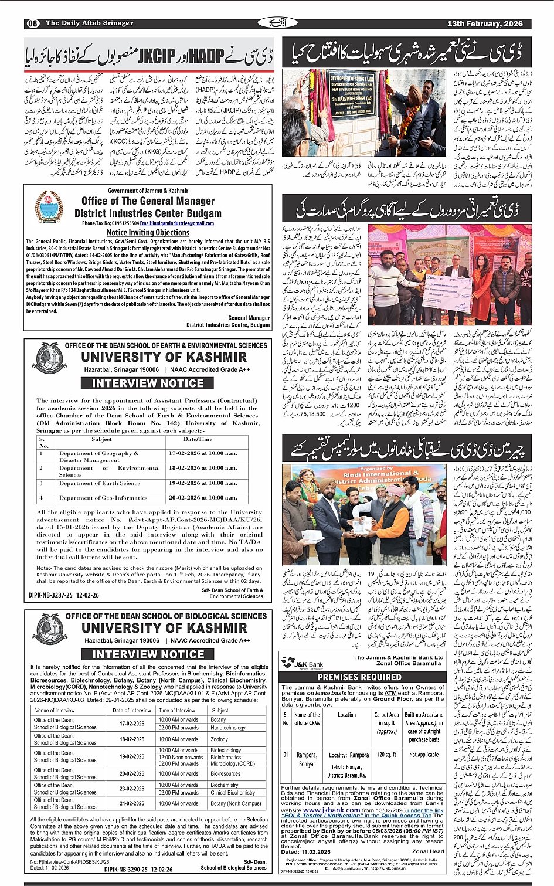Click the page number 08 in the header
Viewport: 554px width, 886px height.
(x=33, y=23)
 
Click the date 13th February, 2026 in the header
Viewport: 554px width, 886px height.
(x=484, y=24)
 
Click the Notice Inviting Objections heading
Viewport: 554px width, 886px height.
(x=148, y=233)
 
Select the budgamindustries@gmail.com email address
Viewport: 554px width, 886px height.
(x=176, y=223)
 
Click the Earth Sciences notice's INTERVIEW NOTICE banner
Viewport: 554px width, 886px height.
(x=148, y=383)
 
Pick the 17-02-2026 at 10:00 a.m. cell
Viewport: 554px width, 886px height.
(x=203, y=453)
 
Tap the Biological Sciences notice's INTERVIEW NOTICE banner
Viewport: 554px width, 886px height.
(x=148, y=654)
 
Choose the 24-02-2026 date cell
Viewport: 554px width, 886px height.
(x=132, y=803)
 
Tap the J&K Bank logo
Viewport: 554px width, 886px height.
(x=302, y=663)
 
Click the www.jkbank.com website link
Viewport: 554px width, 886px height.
(x=332, y=810)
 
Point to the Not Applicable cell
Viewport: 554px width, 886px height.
(x=424, y=755)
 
